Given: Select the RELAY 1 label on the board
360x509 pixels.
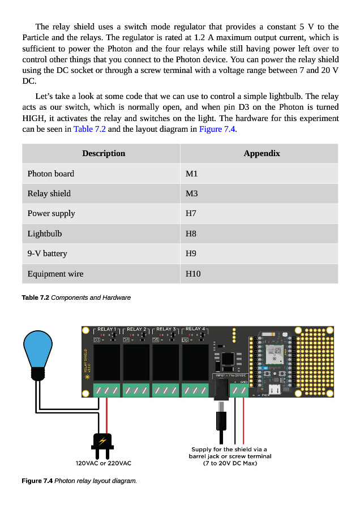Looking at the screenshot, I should pyautogui.click(x=106, y=329).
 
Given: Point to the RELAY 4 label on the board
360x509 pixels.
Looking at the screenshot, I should pyautogui.click(x=195, y=329).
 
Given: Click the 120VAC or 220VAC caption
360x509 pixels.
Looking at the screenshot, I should pyautogui.click(x=103, y=463).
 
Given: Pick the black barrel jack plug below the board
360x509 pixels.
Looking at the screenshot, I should pyautogui.click(x=221, y=420).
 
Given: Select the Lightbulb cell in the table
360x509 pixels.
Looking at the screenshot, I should pyautogui.click(x=45, y=234).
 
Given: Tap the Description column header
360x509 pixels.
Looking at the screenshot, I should pyautogui.click(x=104, y=153).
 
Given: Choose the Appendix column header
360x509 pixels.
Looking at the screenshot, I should pyautogui.click(x=262, y=153).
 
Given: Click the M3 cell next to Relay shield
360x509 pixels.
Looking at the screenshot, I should pyautogui.click(x=191, y=193).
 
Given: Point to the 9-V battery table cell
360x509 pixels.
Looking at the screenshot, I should pyautogui.click(x=47, y=254).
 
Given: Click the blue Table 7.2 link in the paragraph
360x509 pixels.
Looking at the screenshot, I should pyautogui.click(x=89, y=129).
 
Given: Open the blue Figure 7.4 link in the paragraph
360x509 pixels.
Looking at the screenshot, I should pyautogui.click(x=217, y=129).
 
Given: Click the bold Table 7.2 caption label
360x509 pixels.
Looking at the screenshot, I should pyautogui.click(x=35, y=297).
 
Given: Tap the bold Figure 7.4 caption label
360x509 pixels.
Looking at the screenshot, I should pyautogui.click(x=37, y=481).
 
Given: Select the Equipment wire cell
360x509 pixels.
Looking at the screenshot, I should pyautogui.click(x=55, y=274).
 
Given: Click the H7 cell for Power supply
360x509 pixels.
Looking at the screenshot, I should pyautogui.click(x=191, y=214).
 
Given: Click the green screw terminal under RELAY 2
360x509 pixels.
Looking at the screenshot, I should pyautogui.click(x=136, y=390).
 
